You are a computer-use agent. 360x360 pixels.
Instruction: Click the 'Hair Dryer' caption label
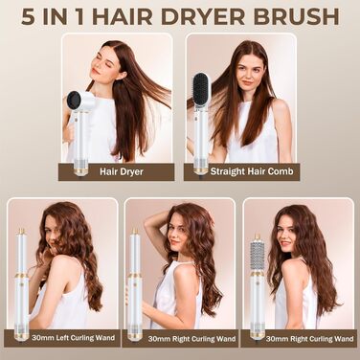click(116, 172)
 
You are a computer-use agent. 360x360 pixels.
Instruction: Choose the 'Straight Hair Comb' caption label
click(241, 172)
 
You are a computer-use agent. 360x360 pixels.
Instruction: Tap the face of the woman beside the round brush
click(288, 233)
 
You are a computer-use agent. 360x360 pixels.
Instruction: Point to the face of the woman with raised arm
click(176, 232)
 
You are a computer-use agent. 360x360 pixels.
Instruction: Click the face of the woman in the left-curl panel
click(54, 230)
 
